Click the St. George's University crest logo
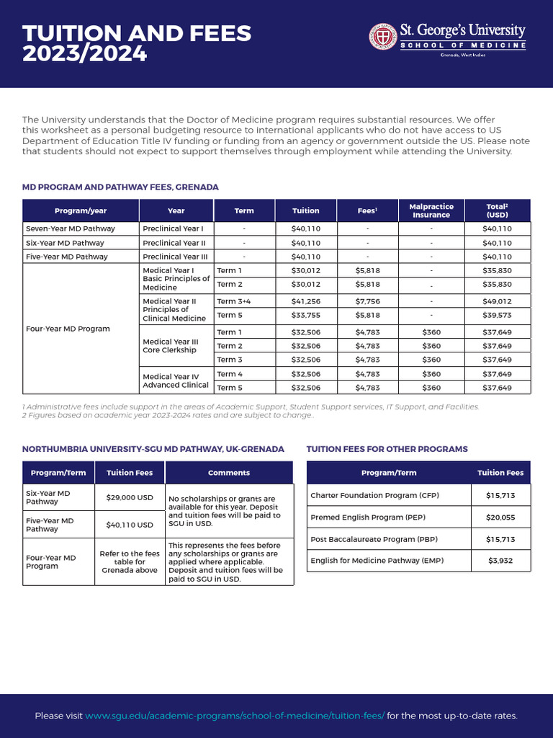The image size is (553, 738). coord(383,37)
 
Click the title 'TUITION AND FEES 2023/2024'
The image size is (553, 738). coord(137,43)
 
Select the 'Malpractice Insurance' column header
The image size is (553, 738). coord(431,210)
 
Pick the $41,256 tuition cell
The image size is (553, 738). coord(305,301)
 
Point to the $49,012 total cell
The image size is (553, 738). coord(497,301)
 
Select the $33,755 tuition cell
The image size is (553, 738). coord(305,315)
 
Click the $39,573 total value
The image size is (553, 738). coord(497,315)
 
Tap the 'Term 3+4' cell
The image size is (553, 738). coord(233,301)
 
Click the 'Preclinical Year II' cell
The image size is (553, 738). coord(174,243)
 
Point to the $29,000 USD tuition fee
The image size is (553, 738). coord(130,497)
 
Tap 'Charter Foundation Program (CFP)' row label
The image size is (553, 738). coord(374,496)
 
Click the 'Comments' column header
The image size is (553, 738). coord(229,473)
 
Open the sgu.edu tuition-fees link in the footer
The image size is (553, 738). coord(235,716)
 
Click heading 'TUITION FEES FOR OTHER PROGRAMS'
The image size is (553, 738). coord(387,449)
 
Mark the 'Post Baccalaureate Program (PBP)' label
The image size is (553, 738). coord(374,539)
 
